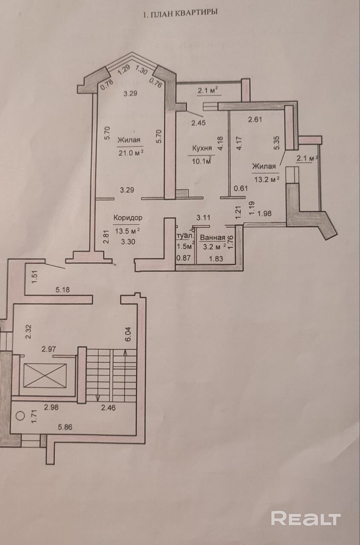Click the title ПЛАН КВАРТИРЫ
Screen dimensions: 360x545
click(181, 13)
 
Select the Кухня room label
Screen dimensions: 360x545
click(202, 148)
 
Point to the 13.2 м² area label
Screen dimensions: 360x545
click(266, 179)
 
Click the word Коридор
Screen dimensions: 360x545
click(128, 218)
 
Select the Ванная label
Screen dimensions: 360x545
click(212, 238)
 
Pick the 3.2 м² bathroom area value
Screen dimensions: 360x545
click(213, 247)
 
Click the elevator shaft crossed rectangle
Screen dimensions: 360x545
click(45, 376)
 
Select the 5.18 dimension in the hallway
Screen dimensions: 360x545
click(62, 290)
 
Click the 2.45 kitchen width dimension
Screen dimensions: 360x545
click(198, 123)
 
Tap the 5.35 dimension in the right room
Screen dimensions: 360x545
click(278, 142)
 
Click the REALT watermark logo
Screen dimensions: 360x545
click(306, 518)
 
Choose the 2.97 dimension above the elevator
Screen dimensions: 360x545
click(49, 349)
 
